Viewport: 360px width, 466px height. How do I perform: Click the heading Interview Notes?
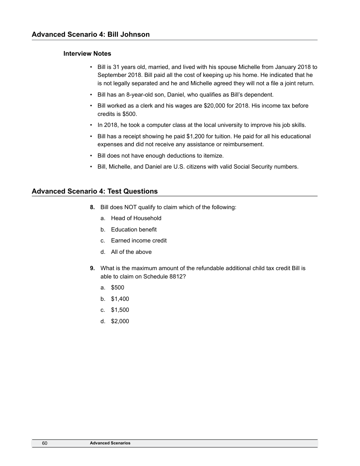87,53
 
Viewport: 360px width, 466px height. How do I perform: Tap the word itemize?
213,155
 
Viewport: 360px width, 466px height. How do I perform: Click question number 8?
92,207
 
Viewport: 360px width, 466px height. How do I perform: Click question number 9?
92,268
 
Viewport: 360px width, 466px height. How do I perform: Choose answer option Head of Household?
136,218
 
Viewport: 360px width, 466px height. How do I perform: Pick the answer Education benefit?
134,230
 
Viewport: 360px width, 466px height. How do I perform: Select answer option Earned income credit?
139,241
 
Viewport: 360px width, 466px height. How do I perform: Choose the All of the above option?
131,252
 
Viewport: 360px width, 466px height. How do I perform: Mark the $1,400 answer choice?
120,299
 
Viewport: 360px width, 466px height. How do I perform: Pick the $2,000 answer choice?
120,321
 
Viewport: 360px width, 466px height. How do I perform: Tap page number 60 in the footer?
45,443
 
